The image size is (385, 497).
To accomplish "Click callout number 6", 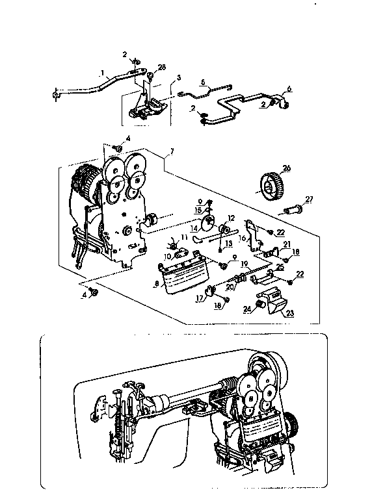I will point(289,89).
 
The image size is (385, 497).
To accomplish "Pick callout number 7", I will point(171,153).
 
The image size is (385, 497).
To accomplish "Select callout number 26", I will point(287,168).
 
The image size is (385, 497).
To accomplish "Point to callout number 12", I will point(231,218).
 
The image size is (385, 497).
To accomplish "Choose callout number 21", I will point(285,244).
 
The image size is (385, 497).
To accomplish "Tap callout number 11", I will point(185,238).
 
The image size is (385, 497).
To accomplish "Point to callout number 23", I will point(288,313).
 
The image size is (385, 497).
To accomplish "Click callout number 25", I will point(280,266).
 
